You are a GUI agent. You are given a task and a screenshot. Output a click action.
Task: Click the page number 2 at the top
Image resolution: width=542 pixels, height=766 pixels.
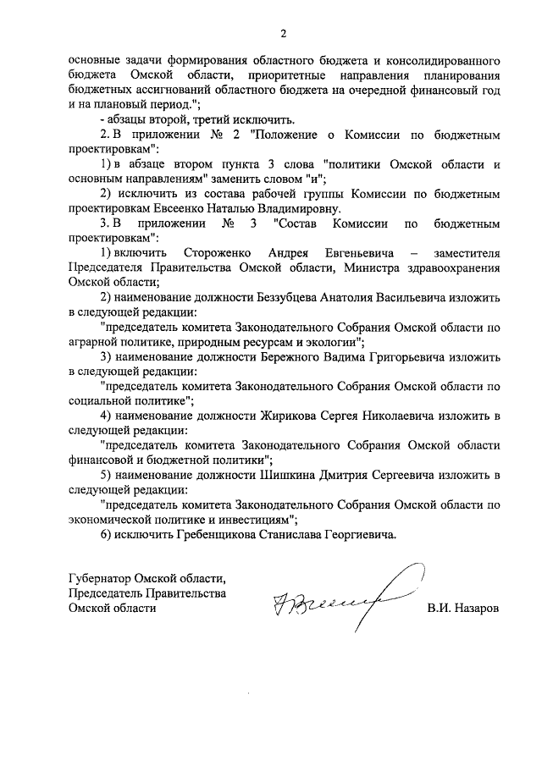pos(284,33)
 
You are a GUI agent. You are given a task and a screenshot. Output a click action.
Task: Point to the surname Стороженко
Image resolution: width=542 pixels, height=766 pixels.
pos(214,254)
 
